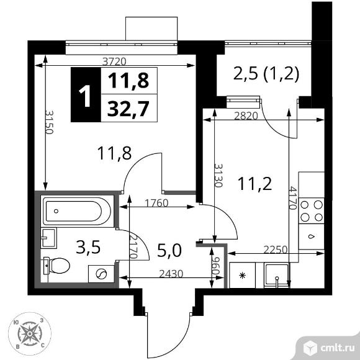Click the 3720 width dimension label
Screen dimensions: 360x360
point(114,61)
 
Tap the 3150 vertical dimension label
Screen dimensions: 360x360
point(49,122)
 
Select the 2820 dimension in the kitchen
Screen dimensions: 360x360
point(246,116)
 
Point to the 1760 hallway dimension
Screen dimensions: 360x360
point(156,203)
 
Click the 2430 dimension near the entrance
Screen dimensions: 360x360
point(171,274)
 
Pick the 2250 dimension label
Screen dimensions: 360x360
point(276,250)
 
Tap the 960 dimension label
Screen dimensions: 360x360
point(215,266)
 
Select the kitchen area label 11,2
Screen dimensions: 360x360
point(255,184)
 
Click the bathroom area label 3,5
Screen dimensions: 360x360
point(88,247)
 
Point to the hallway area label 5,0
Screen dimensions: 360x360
point(169,250)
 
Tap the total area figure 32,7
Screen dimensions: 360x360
point(128,109)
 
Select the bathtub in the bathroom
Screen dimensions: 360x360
point(78,211)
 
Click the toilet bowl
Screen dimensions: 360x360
point(57,266)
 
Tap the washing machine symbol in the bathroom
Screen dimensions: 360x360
point(101,274)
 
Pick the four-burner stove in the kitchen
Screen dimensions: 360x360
point(312,211)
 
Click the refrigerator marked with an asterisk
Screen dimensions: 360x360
point(242,275)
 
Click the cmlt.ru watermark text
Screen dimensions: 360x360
point(337,348)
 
